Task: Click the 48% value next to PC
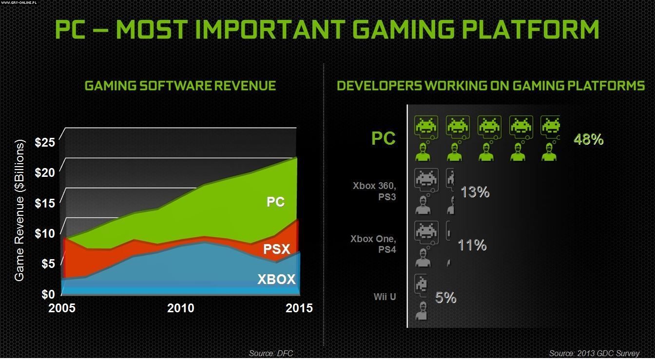pyautogui.click(x=589, y=140)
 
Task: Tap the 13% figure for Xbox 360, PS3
pyautogui.click(x=475, y=192)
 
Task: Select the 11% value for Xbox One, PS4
pyautogui.click(x=472, y=245)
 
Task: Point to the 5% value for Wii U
pyautogui.click(x=445, y=298)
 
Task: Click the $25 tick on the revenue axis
pyautogui.click(x=45, y=143)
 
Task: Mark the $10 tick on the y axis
pyautogui.click(x=45, y=233)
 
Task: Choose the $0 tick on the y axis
pyautogui.click(x=48, y=294)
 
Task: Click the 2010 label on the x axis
pyautogui.click(x=181, y=308)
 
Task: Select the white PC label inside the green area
pyautogui.click(x=275, y=202)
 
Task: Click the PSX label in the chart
pyautogui.click(x=276, y=249)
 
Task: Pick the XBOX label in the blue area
pyautogui.click(x=276, y=279)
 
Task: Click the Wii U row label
pyautogui.click(x=385, y=296)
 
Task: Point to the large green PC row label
pyautogui.click(x=384, y=138)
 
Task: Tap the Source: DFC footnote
pyautogui.click(x=271, y=353)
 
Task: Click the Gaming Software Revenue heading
pyautogui.click(x=180, y=86)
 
